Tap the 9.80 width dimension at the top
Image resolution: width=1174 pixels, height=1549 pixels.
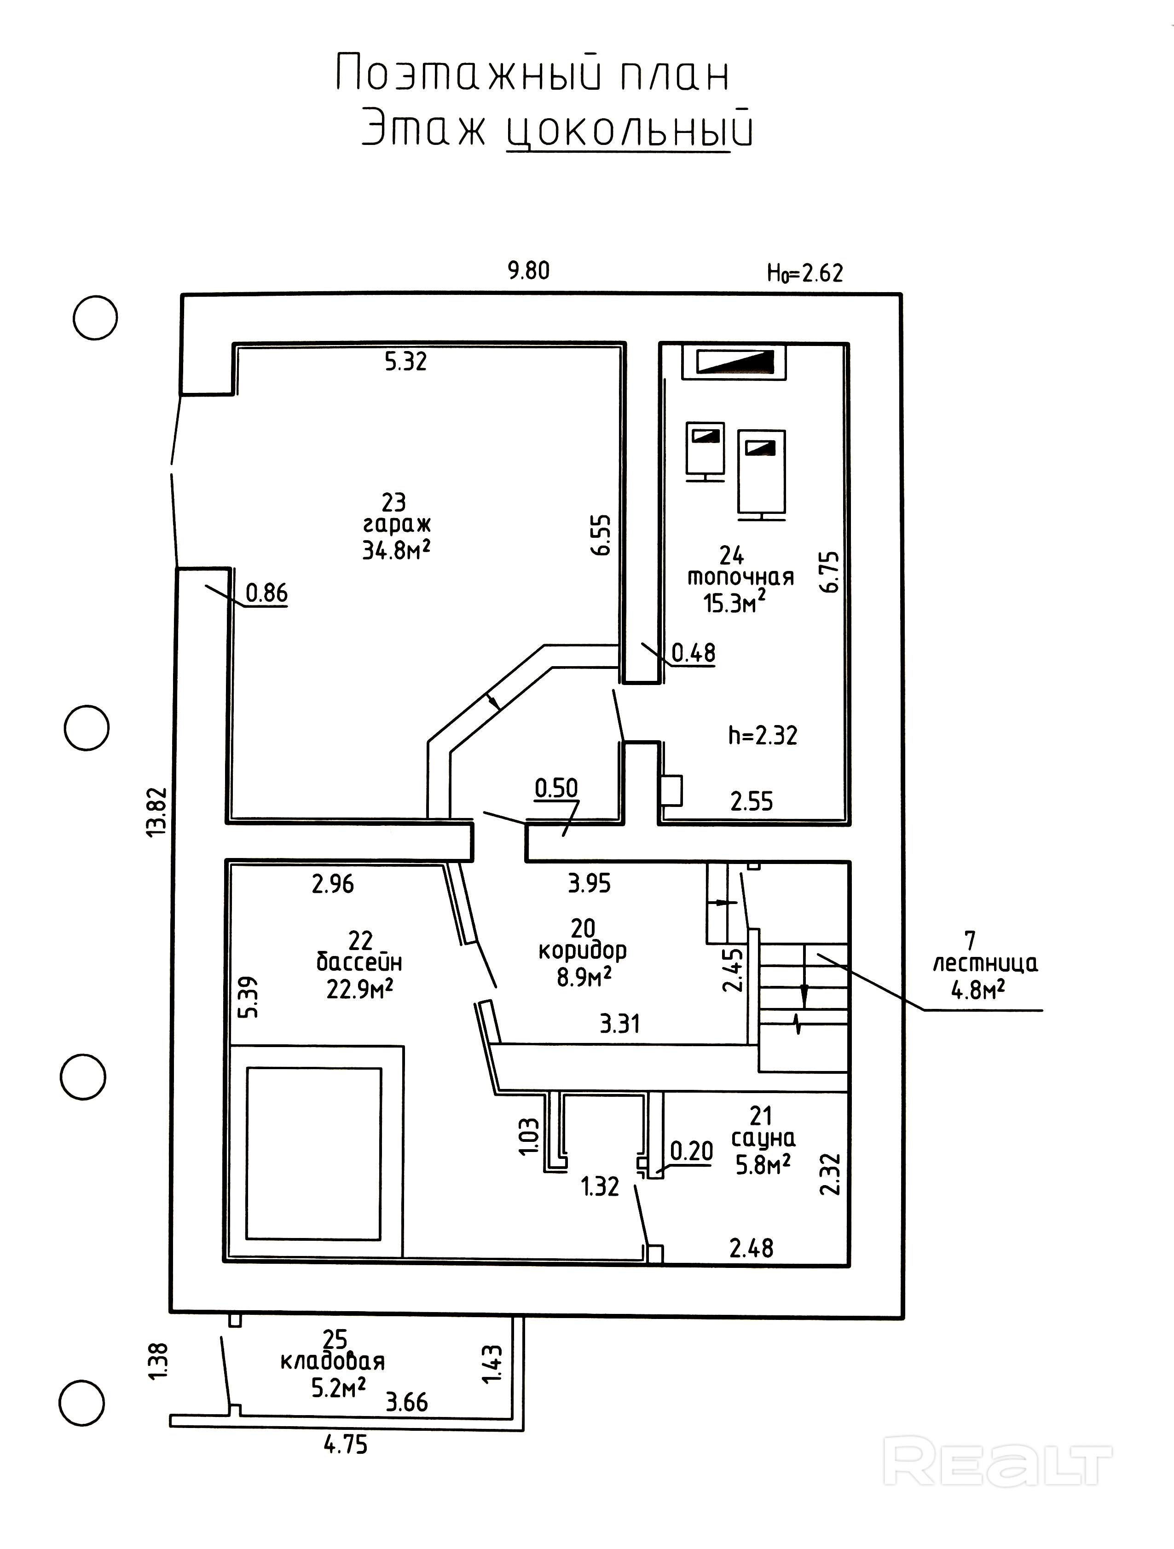pyautogui.click(x=528, y=271)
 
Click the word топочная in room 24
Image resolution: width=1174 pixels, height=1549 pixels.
pyautogui.click(x=740, y=578)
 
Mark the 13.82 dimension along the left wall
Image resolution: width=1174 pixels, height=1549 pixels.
pyautogui.click(x=158, y=811)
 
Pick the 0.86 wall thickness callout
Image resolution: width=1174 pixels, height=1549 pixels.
pyautogui.click(x=266, y=593)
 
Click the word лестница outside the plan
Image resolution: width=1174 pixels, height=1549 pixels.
pyautogui.click(x=985, y=964)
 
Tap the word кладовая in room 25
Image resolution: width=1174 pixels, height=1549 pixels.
pyautogui.click(x=333, y=1376)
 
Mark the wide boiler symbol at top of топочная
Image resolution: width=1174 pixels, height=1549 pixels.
pyautogui.click(x=734, y=362)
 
